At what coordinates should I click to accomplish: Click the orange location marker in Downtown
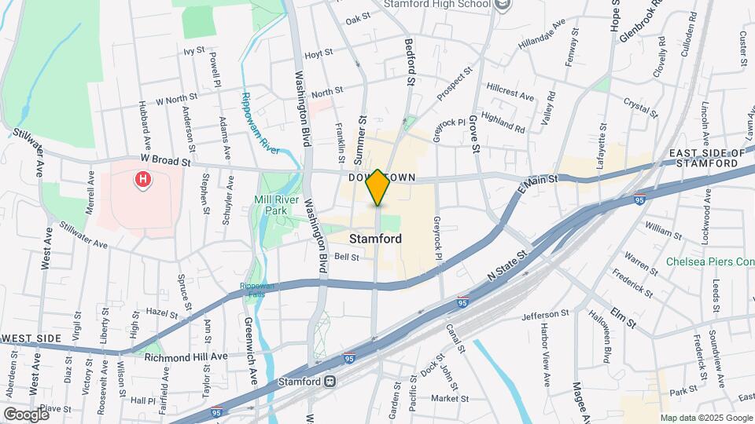(377, 188)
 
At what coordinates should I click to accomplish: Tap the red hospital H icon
(143, 180)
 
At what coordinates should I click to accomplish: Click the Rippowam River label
(260, 118)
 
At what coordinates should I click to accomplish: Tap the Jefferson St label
(545, 314)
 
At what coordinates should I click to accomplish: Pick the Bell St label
(346, 257)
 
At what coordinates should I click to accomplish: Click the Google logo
(26, 413)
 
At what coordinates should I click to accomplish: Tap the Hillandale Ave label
(542, 36)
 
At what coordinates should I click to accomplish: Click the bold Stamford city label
(375, 239)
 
